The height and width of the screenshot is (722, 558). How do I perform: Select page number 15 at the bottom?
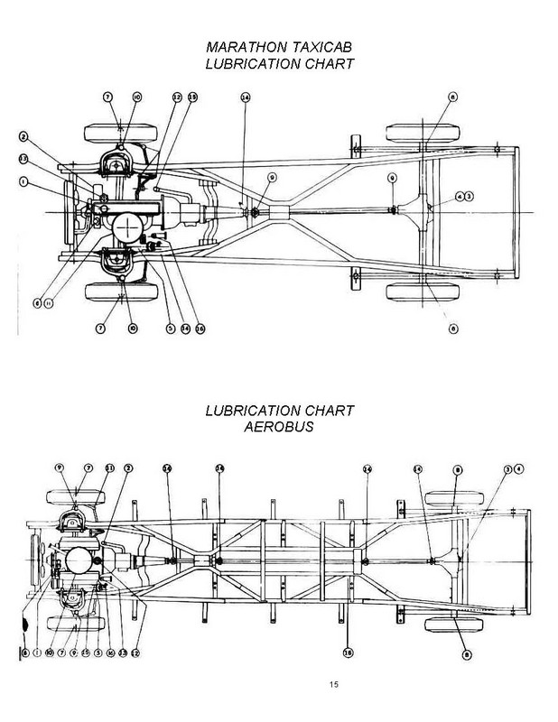[333, 688]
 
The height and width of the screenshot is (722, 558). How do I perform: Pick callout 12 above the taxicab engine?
[177, 97]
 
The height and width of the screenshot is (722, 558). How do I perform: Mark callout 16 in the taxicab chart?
[200, 329]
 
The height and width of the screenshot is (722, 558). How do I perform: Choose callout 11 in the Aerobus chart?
[110, 468]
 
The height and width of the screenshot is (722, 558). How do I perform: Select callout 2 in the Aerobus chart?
[128, 468]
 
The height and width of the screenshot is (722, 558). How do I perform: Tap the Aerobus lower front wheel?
[76, 624]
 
